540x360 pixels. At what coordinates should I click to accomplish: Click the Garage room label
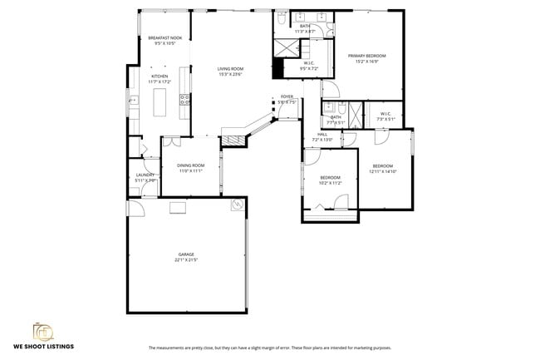point(186,254)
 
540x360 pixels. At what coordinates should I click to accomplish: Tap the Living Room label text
point(230,69)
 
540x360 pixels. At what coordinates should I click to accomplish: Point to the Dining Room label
point(190,165)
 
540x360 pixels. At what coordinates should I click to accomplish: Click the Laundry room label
point(145,175)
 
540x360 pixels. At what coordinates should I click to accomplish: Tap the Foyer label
point(287,96)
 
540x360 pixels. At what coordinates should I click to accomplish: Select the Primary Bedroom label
point(367,56)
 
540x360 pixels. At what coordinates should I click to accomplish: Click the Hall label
point(322,134)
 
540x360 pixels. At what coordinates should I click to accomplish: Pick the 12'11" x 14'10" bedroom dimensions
point(383,172)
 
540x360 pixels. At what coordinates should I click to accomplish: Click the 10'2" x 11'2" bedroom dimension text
point(331,183)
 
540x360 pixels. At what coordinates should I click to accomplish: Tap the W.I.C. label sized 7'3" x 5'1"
point(385,119)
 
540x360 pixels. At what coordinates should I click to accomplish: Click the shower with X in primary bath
point(286,47)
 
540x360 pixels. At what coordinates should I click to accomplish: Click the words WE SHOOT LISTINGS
point(43,347)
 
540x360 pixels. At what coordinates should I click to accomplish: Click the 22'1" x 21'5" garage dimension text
point(186,260)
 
